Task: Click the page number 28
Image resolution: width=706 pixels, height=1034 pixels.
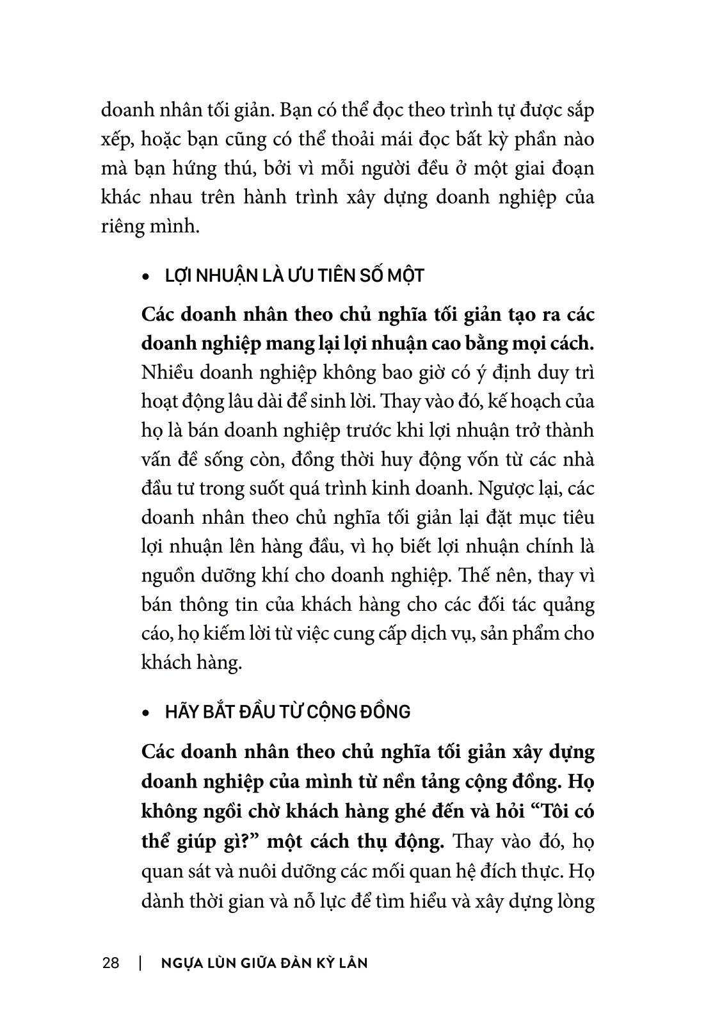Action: (110, 962)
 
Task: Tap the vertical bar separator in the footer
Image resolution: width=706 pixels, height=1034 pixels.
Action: (140, 962)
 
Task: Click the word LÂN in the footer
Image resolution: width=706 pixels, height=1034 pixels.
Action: (353, 962)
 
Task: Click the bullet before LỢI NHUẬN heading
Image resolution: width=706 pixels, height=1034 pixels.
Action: (147, 277)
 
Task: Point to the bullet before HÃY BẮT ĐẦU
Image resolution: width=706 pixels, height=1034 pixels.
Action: (147, 713)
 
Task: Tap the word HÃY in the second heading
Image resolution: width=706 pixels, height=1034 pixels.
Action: (181, 712)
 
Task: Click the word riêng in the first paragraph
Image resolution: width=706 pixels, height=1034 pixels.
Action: (124, 227)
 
